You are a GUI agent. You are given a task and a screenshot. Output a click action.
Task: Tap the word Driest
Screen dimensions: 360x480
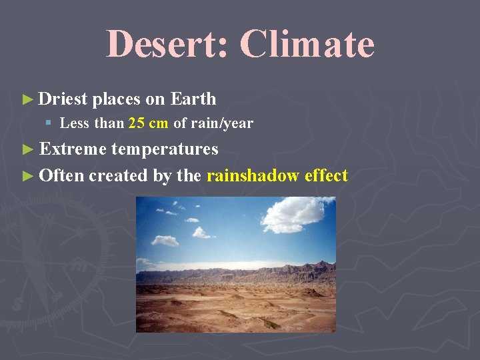(x=63, y=99)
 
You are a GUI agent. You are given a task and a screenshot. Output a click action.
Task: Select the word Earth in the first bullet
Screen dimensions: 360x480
(x=193, y=99)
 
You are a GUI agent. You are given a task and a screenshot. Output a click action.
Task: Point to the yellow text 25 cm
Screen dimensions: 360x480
(x=148, y=123)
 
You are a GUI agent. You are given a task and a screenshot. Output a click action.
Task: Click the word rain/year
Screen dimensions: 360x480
(x=222, y=123)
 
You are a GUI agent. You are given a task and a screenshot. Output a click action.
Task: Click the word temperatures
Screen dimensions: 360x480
(x=165, y=149)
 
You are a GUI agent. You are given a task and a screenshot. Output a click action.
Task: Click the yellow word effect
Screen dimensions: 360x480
(x=326, y=175)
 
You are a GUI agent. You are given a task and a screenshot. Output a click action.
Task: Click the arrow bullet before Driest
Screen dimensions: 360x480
(x=27, y=100)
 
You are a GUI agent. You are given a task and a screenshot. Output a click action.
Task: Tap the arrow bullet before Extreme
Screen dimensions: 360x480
(x=27, y=149)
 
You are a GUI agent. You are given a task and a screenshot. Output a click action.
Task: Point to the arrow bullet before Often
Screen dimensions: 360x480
(x=27, y=176)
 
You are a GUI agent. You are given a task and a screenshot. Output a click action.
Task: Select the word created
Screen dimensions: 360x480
(x=113, y=175)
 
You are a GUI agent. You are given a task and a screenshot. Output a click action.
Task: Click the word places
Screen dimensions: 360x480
(x=117, y=99)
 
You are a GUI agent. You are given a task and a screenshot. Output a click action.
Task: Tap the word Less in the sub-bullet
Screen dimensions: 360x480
(x=72, y=123)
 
